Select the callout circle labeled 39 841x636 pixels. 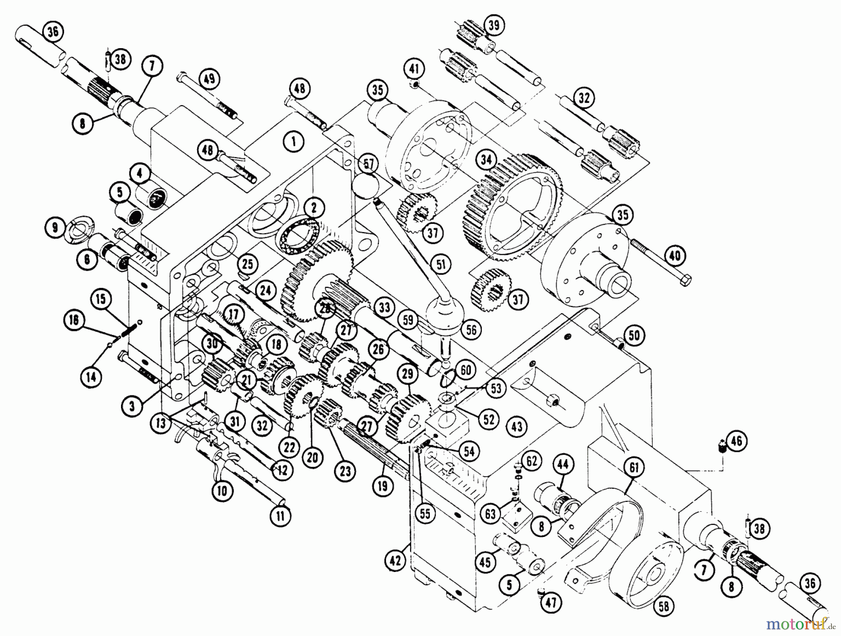point(494,26)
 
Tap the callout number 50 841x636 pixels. point(634,335)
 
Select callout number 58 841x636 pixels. point(663,607)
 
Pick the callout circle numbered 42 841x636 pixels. point(395,560)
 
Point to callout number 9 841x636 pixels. point(56,228)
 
